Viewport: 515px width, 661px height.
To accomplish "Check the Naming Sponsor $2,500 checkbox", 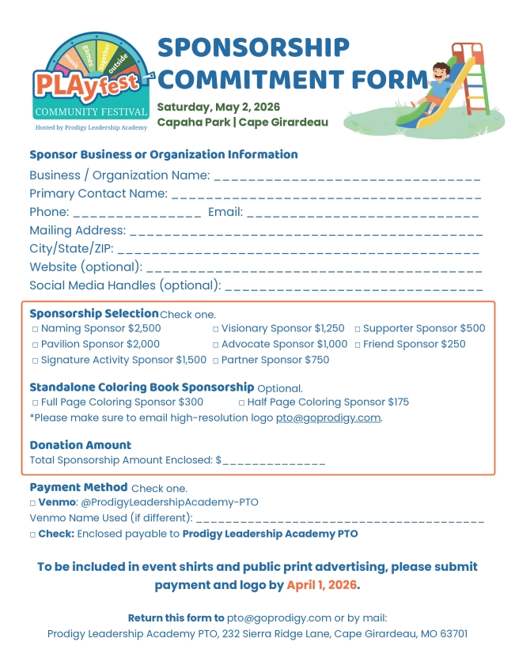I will [x=35, y=329].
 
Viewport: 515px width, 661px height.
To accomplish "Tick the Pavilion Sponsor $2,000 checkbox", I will [x=35, y=345].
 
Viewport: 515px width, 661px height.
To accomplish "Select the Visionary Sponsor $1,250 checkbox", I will [x=215, y=329].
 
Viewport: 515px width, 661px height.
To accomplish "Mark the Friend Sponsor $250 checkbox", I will [x=357, y=345].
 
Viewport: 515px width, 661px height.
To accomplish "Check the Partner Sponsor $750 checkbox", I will [x=215, y=361].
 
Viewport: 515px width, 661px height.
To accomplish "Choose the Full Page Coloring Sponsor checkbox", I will [x=35, y=402].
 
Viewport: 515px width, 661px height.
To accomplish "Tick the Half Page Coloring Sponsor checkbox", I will [x=241, y=402].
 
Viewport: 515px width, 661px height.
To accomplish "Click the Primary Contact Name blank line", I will [x=326, y=195].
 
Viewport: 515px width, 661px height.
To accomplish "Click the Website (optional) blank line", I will [x=314, y=268].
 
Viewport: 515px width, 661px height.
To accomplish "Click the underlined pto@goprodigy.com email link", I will [x=328, y=417].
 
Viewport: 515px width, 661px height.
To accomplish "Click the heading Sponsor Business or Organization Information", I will [x=164, y=155].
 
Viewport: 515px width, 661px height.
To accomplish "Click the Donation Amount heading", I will [x=81, y=445].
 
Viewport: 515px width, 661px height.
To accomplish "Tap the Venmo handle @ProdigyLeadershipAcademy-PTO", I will [x=169, y=503].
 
